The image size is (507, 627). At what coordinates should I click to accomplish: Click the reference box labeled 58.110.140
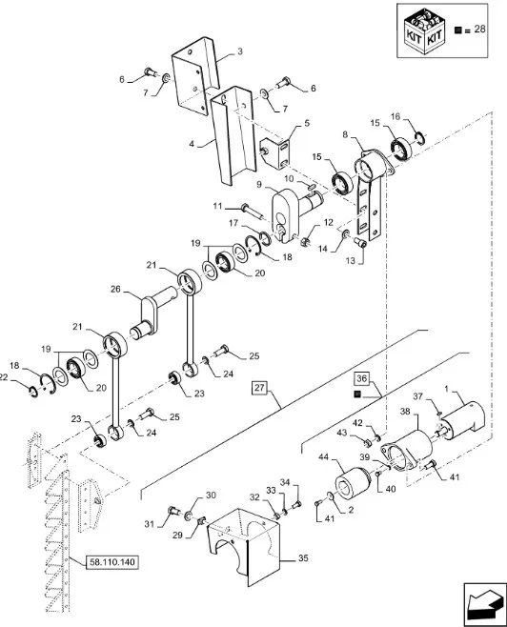[x=112, y=562]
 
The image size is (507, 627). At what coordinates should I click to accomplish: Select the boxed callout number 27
[x=259, y=388]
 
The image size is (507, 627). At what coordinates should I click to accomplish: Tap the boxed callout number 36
[x=361, y=378]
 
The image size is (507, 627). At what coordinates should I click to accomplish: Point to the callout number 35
[x=303, y=557]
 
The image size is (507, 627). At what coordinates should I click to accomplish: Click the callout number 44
[x=324, y=456]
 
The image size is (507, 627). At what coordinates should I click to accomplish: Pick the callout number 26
[x=115, y=289]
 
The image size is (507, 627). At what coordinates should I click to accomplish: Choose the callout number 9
[x=259, y=185]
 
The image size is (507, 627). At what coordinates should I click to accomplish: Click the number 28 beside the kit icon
[x=479, y=29]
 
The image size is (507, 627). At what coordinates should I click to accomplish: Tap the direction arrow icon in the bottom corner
[x=485, y=604]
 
